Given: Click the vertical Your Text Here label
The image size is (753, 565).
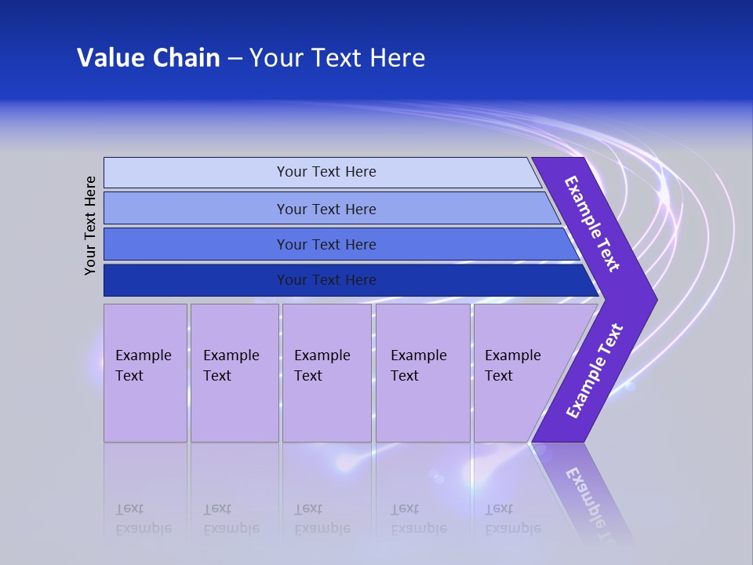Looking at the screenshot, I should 90,225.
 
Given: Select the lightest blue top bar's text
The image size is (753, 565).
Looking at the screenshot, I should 326,172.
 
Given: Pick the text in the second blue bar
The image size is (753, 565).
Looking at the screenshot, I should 326,210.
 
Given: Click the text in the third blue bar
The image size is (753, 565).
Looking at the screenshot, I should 326,245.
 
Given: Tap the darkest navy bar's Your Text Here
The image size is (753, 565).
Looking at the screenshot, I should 326,280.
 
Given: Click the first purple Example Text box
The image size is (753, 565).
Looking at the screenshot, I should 144,366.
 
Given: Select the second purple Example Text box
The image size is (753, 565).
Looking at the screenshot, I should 232,366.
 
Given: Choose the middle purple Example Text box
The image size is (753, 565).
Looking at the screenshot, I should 323,366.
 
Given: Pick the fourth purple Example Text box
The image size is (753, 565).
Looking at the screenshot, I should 420,366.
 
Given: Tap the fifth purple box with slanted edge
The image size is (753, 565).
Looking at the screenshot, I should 514,366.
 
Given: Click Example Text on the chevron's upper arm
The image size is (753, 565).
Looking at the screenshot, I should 592,224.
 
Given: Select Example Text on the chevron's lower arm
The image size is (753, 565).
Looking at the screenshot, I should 595,371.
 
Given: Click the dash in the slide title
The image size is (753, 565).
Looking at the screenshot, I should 235,59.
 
